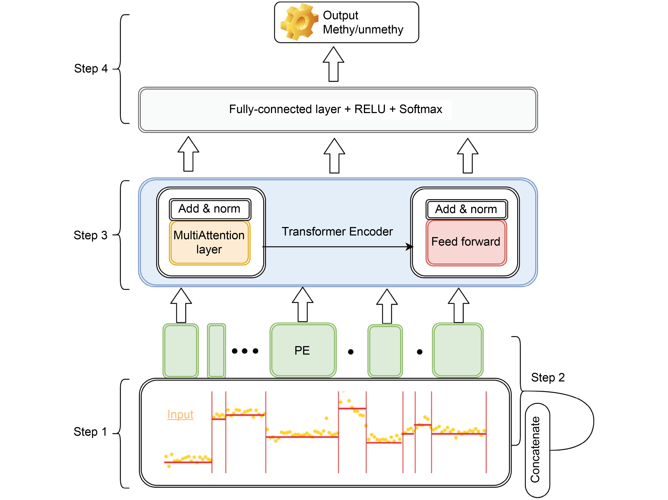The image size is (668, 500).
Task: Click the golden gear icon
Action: (299, 22)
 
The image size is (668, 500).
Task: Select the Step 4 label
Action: (91, 69)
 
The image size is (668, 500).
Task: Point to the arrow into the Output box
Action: (333, 64)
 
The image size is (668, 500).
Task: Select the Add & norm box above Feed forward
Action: (466, 209)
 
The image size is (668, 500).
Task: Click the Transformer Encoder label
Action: (337, 232)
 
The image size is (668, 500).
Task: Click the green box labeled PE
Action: (303, 350)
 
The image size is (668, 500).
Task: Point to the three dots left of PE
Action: (245, 351)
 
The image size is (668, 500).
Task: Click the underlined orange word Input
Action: (180, 414)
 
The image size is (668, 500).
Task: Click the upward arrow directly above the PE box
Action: (303, 304)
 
